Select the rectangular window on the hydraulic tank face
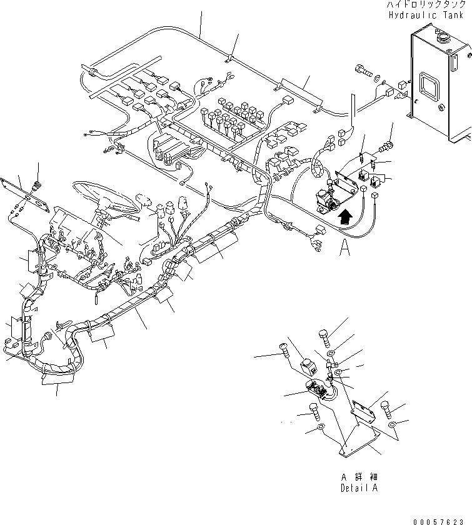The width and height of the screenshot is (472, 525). [x=434, y=84]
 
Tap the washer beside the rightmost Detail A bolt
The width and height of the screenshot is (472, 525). [x=391, y=426]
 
